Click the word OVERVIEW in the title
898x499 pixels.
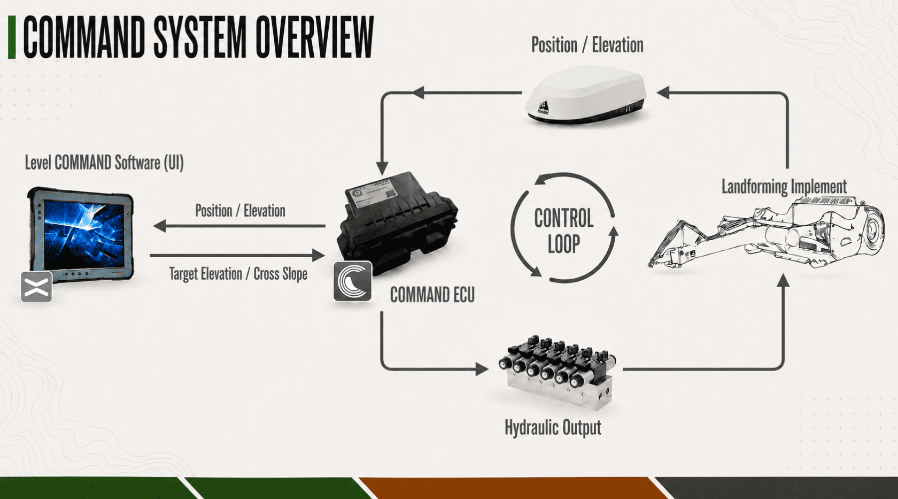point(315,37)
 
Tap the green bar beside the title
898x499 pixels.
point(12,37)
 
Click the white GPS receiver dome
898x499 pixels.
point(586,94)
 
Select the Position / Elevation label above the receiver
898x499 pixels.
point(587,45)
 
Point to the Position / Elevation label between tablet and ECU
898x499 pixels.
point(240,211)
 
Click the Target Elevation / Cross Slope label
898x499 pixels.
point(238,274)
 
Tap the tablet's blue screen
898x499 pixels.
point(84,234)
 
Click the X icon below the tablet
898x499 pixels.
point(36,287)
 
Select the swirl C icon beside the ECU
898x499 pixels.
point(352,281)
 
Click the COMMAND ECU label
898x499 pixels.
point(432,295)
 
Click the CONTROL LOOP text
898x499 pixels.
point(563,231)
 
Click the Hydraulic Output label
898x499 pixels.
point(553,428)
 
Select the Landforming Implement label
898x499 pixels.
point(784,187)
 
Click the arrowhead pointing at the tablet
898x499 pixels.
point(159,226)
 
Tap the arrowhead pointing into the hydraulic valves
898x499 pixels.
point(482,369)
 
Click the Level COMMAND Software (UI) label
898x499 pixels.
point(104,163)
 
